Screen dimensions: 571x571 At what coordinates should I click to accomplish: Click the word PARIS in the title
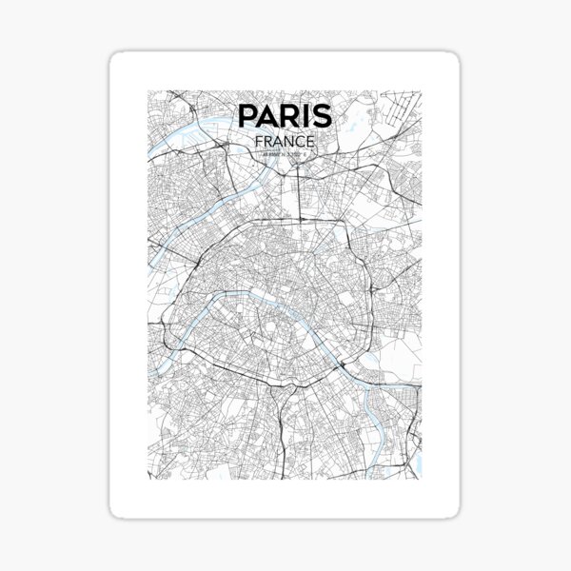click(x=285, y=115)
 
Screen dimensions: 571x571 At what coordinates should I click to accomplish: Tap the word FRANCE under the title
click(x=285, y=141)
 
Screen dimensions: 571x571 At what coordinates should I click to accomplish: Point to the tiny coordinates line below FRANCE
click(x=285, y=153)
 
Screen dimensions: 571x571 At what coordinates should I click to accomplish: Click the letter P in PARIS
click(x=247, y=115)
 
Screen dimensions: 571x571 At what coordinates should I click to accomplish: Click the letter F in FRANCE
click(x=259, y=141)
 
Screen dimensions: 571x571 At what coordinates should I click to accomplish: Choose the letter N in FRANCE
click(x=287, y=141)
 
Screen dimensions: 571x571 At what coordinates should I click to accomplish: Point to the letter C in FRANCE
click(x=300, y=141)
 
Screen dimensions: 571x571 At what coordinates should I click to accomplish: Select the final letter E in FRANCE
click(x=311, y=141)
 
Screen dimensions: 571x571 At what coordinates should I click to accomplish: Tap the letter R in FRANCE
click(x=267, y=141)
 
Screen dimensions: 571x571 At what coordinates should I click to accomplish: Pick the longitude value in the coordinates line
click(x=296, y=153)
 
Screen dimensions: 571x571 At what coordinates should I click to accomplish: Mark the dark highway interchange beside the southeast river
click(x=341, y=366)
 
